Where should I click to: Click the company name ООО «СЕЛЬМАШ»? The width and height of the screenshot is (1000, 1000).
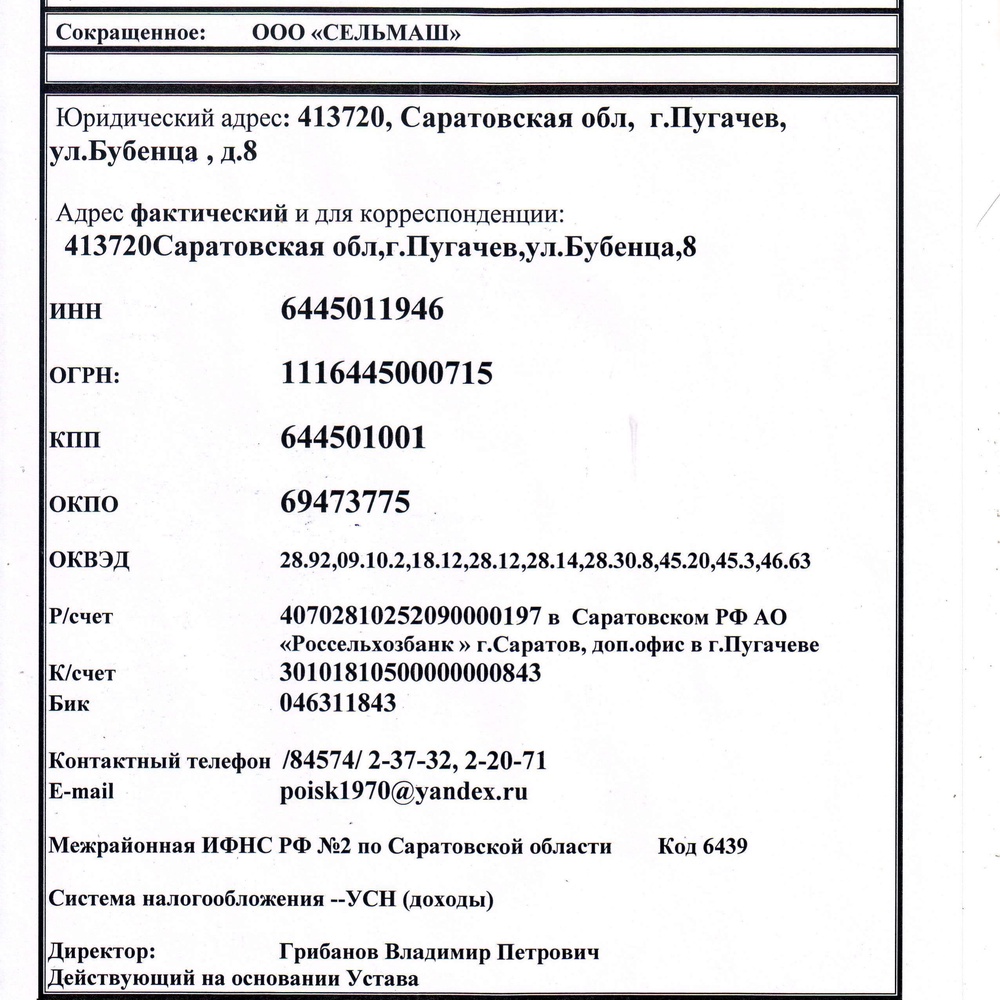356,33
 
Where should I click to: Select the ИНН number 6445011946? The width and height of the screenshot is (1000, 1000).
362,310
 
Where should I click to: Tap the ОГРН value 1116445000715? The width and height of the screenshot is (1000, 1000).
387,374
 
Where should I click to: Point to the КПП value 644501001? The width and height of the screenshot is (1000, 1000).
354,438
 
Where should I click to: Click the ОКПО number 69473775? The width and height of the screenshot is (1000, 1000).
346,501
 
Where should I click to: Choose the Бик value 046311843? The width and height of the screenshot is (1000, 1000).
339,703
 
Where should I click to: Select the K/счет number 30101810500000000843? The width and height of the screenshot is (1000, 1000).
412,673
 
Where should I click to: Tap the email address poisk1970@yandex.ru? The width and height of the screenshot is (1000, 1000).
405,792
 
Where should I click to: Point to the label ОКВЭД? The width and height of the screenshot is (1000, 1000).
89,560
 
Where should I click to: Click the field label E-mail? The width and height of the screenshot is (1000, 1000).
81,792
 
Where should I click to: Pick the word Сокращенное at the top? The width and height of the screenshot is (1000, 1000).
132,33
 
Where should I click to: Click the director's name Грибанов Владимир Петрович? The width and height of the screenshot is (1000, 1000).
441,951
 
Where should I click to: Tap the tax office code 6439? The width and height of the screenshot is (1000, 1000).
725,847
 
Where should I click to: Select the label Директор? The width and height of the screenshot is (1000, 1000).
101,951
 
